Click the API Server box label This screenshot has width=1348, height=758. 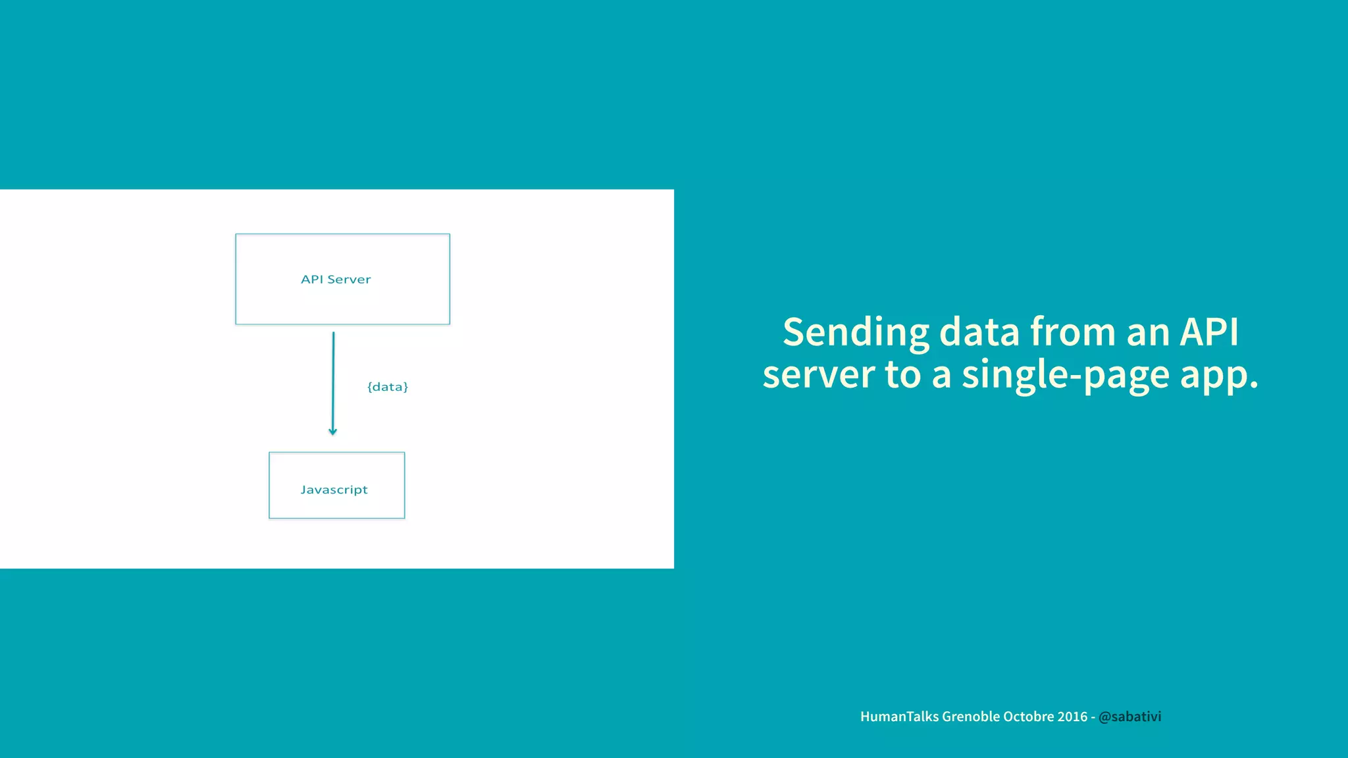(336, 279)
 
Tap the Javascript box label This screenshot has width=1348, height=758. (334, 490)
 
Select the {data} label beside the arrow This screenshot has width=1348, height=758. (388, 387)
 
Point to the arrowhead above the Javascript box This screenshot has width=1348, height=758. (332, 431)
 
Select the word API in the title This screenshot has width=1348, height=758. (1209, 332)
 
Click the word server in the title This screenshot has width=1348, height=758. (818, 375)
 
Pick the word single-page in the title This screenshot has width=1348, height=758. (1064, 375)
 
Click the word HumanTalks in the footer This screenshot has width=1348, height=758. (899, 717)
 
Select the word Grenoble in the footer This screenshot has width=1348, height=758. (970, 717)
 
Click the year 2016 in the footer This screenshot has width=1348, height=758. (1073, 717)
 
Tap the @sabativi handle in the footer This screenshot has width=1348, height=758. (1129, 717)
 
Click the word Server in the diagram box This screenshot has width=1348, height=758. (349, 279)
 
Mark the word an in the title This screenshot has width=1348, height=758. (1148, 332)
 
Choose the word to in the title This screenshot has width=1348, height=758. (902, 375)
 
